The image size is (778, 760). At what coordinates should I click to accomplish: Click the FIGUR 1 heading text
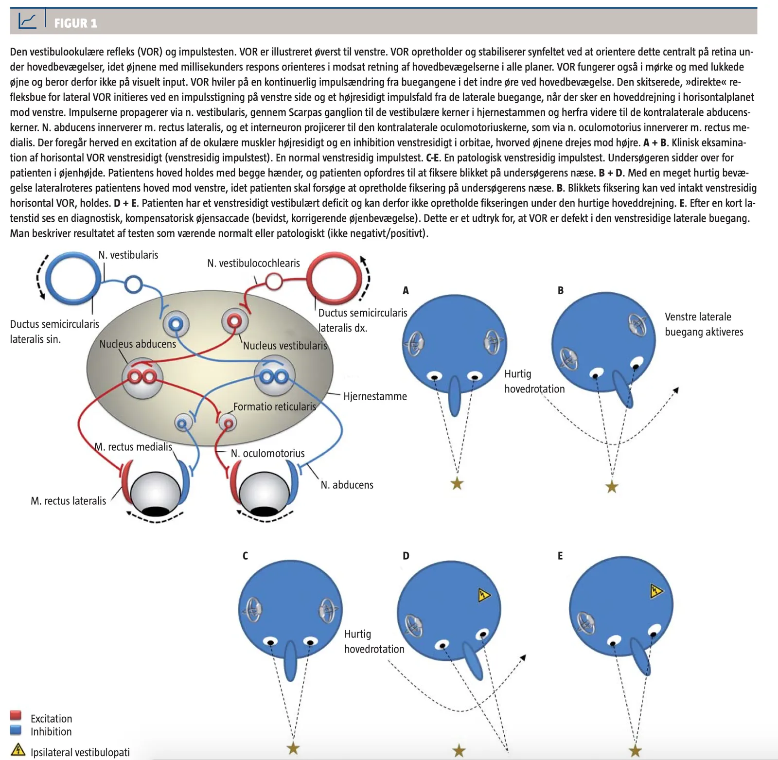click(75, 23)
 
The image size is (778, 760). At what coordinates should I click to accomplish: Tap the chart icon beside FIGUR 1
click(27, 20)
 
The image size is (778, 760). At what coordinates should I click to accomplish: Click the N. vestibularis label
click(128, 255)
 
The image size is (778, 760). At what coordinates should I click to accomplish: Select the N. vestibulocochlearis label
click(253, 263)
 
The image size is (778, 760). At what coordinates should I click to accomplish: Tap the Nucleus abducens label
click(138, 344)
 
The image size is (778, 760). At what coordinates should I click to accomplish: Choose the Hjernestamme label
click(375, 396)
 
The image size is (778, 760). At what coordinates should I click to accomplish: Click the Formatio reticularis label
click(275, 407)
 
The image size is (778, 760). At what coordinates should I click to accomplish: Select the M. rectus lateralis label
click(68, 501)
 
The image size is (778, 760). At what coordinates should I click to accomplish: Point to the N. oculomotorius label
click(267, 453)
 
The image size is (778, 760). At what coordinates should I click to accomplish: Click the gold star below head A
click(457, 483)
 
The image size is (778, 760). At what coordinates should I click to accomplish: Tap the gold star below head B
click(612, 486)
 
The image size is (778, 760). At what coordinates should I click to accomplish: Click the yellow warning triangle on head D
click(483, 595)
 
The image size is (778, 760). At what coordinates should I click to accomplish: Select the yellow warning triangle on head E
click(656, 591)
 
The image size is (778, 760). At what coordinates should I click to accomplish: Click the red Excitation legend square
click(16, 715)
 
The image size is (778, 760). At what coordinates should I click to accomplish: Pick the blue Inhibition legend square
click(16, 730)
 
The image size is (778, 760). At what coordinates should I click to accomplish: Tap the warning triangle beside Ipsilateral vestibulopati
click(18, 750)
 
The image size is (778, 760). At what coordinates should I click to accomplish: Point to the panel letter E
click(560, 556)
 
